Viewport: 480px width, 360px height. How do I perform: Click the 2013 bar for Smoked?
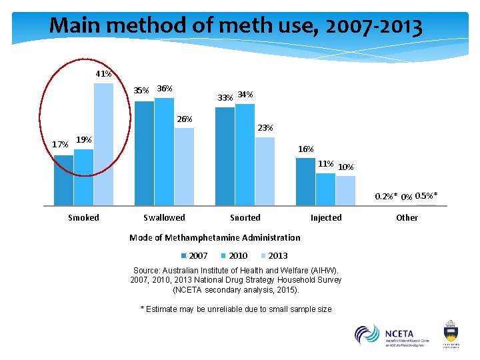pos(103,144)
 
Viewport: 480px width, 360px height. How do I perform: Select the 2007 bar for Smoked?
pos(63,180)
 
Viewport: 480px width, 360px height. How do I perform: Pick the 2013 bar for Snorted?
pos(265,171)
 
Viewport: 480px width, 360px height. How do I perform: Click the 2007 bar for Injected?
pos(305,181)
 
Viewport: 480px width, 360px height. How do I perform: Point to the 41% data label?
pos(103,74)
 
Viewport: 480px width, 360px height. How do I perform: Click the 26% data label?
pos(184,119)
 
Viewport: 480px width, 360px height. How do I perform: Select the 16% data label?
pos(305,149)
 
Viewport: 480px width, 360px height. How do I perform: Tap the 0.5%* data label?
pos(426,195)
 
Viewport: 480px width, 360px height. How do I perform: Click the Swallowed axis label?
pos(164,218)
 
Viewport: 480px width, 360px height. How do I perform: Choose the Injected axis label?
pos(325,218)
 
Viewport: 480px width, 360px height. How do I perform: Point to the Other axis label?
pos(407,218)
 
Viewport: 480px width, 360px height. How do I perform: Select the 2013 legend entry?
pos(273,256)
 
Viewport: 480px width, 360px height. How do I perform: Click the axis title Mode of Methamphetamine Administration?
pos(215,237)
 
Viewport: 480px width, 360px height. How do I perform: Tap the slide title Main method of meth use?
pos(235,27)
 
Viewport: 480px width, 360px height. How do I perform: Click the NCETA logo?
pos(391,334)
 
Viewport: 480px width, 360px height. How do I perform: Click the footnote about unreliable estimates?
pos(235,309)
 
